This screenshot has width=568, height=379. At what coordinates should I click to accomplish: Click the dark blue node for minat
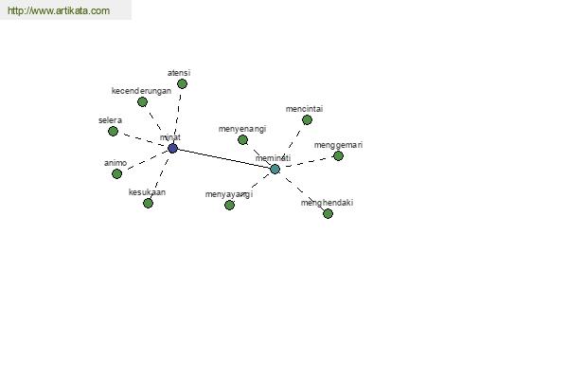(x=172, y=148)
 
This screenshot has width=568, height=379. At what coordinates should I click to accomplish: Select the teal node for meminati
(x=275, y=169)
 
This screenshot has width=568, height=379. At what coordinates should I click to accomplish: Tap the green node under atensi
(x=182, y=83)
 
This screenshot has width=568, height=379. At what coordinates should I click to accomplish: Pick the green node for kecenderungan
(x=142, y=102)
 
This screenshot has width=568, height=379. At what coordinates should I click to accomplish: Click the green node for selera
(x=113, y=131)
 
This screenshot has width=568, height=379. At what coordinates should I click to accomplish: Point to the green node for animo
(x=116, y=173)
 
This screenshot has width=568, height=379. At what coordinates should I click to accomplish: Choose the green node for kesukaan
(x=148, y=203)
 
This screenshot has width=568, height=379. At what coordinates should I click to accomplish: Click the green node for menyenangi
(x=242, y=139)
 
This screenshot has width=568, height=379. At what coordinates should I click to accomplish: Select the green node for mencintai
(x=307, y=119)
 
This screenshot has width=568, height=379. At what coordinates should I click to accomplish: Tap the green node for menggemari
(x=338, y=156)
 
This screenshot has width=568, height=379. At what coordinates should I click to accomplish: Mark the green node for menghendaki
(x=328, y=213)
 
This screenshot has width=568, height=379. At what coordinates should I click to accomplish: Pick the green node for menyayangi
(x=229, y=206)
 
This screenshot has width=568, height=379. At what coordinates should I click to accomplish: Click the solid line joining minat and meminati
(x=223, y=158)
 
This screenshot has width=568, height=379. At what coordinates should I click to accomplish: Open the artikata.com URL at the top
(x=59, y=10)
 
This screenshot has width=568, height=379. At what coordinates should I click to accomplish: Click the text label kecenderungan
(x=141, y=91)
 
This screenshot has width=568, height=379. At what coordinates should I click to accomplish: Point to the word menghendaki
(x=327, y=203)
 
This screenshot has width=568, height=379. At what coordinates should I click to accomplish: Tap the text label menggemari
(x=338, y=145)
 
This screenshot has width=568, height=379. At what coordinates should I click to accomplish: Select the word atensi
(x=179, y=73)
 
